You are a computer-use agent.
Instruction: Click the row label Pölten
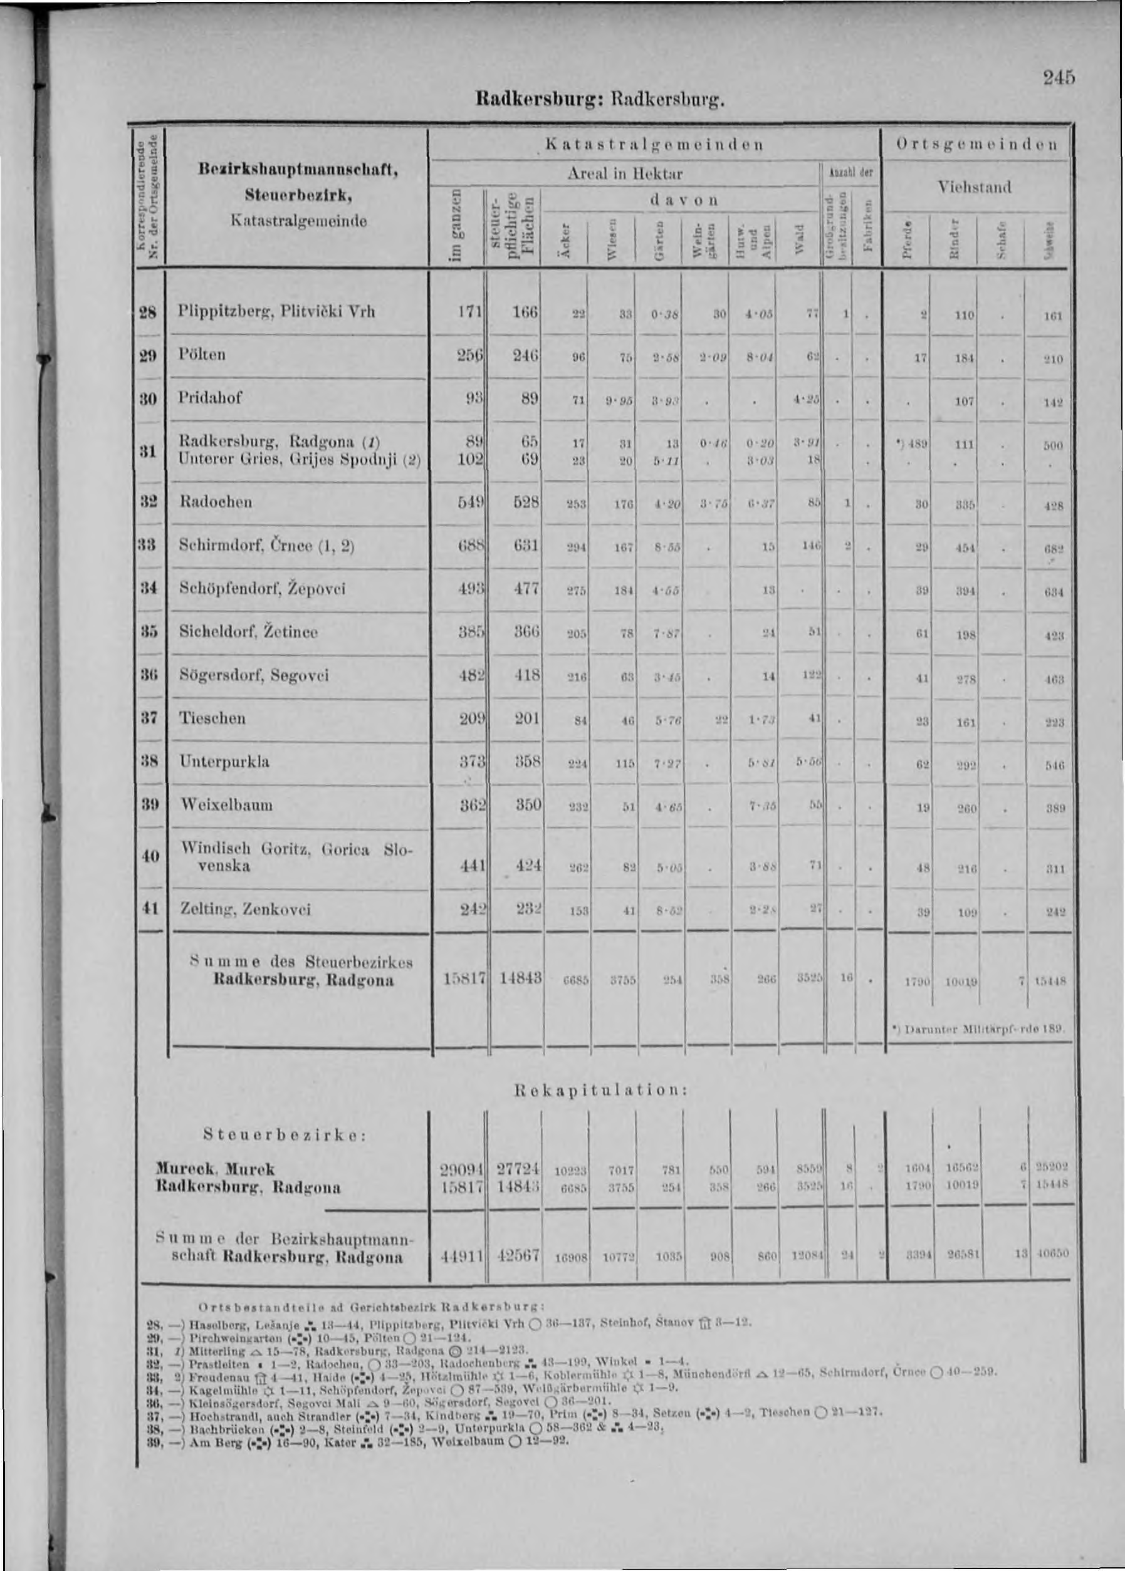(202, 355)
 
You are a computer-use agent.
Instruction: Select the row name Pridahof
(211, 397)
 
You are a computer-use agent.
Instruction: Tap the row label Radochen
(216, 501)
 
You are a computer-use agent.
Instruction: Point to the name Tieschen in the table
(212, 718)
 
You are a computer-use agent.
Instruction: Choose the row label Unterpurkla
(224, 762)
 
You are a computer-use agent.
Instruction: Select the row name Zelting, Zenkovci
(235, 909)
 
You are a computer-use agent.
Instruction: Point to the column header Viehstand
(974, 187)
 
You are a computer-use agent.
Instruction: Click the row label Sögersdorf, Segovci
(244, 675)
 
